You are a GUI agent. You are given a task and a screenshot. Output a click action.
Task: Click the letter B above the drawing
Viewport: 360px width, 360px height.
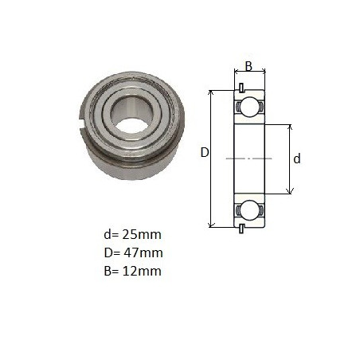tap(248, 66)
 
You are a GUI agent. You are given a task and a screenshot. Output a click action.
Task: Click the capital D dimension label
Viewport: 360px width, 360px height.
tap(205, 153)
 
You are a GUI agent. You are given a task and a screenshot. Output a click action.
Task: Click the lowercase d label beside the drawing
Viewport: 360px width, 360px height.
tap(297, 158)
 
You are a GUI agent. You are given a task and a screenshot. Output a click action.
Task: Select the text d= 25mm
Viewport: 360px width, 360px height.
tap(132, 234)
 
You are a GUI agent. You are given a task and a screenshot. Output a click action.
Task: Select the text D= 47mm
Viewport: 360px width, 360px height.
tap(133, 252)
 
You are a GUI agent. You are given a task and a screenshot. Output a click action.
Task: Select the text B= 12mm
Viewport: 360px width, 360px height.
tap(132, 271)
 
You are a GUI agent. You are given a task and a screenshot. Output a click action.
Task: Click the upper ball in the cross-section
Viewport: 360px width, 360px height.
tap(249, 107)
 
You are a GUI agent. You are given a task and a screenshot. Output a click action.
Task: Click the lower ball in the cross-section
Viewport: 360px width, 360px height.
tap(249, 210)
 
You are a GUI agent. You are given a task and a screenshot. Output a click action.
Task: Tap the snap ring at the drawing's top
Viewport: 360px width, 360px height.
tap(241, 88)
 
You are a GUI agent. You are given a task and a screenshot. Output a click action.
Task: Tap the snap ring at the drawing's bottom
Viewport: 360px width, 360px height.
tap(241, 229)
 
